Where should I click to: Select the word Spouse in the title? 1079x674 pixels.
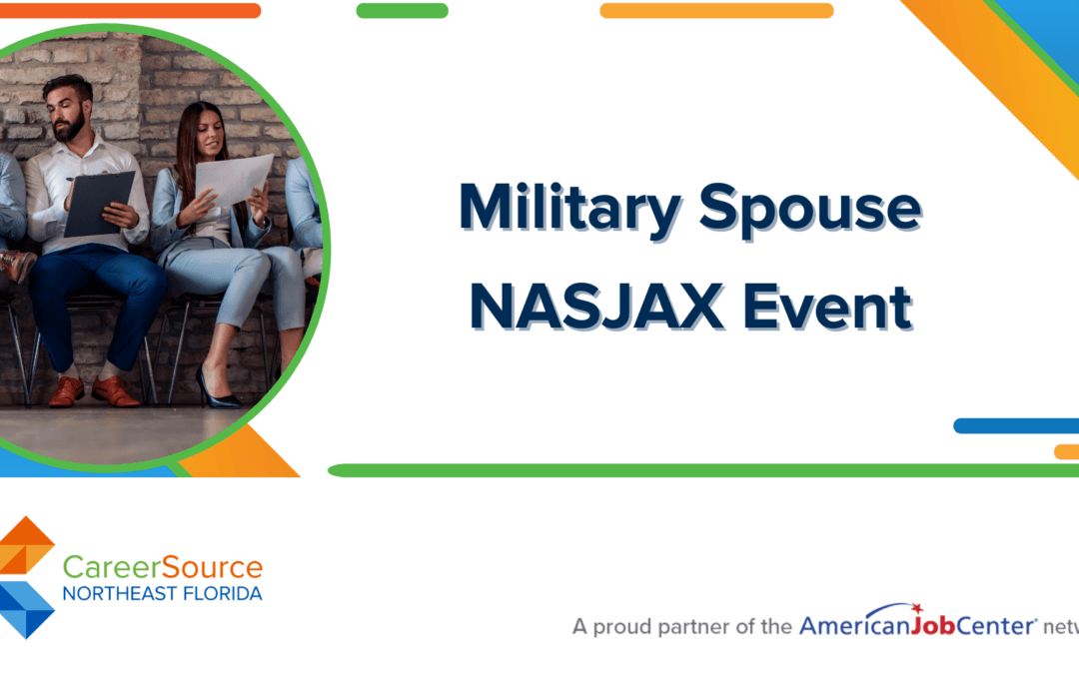[x=809, y=208]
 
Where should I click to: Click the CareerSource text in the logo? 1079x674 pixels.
[x=163, y=568]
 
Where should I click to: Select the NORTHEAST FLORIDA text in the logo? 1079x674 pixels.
[x=163, y=594]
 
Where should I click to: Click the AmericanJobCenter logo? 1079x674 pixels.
[x=916, y=625]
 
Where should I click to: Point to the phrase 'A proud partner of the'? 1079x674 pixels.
[x=682, y=627]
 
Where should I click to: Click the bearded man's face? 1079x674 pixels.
[x=69, y=114]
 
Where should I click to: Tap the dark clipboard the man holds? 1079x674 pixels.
[x=98, y=202]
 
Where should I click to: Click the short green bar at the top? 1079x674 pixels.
[x=402, y=11]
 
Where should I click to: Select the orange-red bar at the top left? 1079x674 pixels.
[x=130, y=11]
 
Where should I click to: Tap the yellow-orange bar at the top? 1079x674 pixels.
[x=716, y=11]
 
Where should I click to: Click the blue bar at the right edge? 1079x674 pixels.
[x=1015, y=425]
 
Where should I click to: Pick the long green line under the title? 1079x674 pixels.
[x=699, y=470]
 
